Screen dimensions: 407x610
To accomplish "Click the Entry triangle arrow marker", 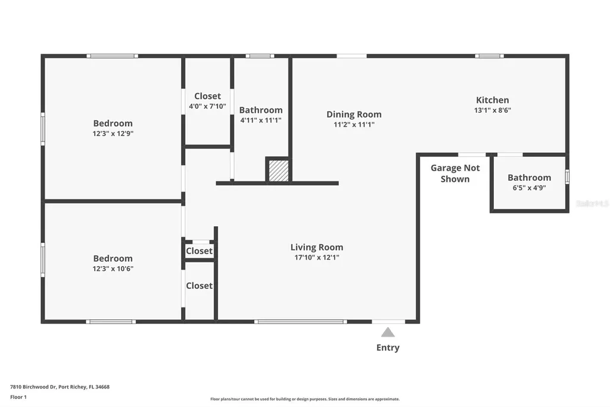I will coord(388,332).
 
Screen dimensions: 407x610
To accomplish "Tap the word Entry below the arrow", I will coord(388,348).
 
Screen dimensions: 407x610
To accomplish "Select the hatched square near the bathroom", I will coord(278,170).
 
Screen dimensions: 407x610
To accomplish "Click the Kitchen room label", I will coord(492,100).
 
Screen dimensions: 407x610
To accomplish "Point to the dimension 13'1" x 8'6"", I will coord(492,110).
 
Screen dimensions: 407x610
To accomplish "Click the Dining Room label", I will coord(354,115).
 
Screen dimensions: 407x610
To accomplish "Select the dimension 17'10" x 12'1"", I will coord(316,258).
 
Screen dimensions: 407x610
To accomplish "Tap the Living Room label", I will coord(316,247).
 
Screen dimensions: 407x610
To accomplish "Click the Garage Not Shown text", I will coord(455,174).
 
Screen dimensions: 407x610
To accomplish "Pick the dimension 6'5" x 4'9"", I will coord(529,188).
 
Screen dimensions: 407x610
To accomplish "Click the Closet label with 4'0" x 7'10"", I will coord(207,96).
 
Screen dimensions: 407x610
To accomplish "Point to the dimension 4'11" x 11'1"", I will coord(260,120).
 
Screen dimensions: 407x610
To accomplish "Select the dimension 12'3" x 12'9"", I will coord(113,134).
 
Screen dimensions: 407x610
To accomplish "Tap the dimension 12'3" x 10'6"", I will coord(113,269).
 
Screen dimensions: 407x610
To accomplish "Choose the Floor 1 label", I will coord(18,397).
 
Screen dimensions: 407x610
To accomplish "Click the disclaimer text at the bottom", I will coord(304,399).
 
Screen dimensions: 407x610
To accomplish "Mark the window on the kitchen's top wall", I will coord(489,56).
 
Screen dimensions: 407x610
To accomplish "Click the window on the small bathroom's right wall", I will coord(567,177).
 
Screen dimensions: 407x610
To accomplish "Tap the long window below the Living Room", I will coord(300,322).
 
